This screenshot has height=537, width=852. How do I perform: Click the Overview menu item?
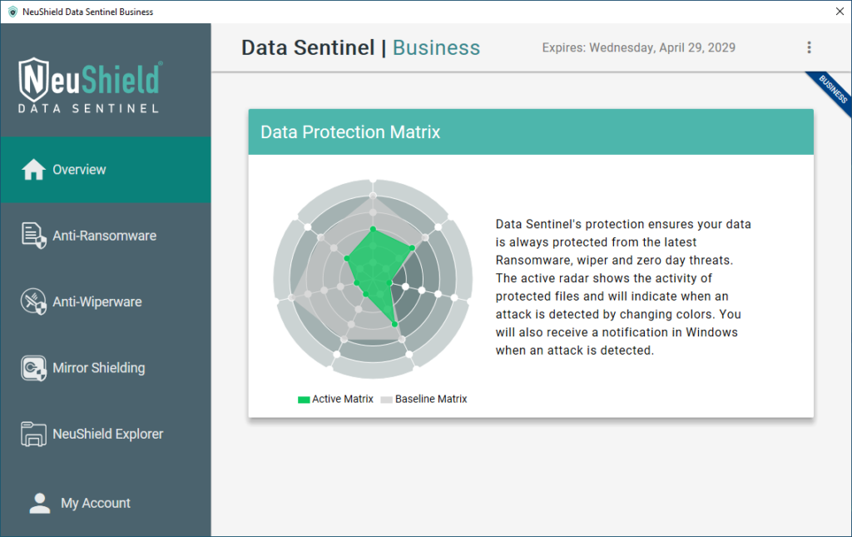click(x=106, y=170)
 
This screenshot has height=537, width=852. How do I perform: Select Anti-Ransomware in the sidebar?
click(x=106, y=236)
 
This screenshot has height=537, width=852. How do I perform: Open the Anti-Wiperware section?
click(x=106, y=301)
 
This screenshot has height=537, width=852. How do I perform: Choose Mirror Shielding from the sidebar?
click(x=106, y=368)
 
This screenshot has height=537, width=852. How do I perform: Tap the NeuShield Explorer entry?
click(x=106, y=434)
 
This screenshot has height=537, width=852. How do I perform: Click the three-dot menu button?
click(x=809, y=47)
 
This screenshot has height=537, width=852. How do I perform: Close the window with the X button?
click(x=840, y=12)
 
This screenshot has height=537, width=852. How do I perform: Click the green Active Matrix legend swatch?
click(x=304, y=400)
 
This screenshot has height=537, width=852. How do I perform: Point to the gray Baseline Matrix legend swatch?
click(x=386, y=400)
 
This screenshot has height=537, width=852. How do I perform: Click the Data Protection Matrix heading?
click(x=350, y=132)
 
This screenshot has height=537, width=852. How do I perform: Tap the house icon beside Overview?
click(x=33, y=169)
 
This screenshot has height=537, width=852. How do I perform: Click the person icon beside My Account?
click(x=40, y=503)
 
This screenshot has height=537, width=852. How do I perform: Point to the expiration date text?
click(x=638, y=47)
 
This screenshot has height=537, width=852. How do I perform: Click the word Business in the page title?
click(x=436, y=47)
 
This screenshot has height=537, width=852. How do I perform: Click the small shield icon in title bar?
click(x=12, y=12)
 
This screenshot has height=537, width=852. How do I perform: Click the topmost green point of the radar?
click(x=373, y=229)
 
